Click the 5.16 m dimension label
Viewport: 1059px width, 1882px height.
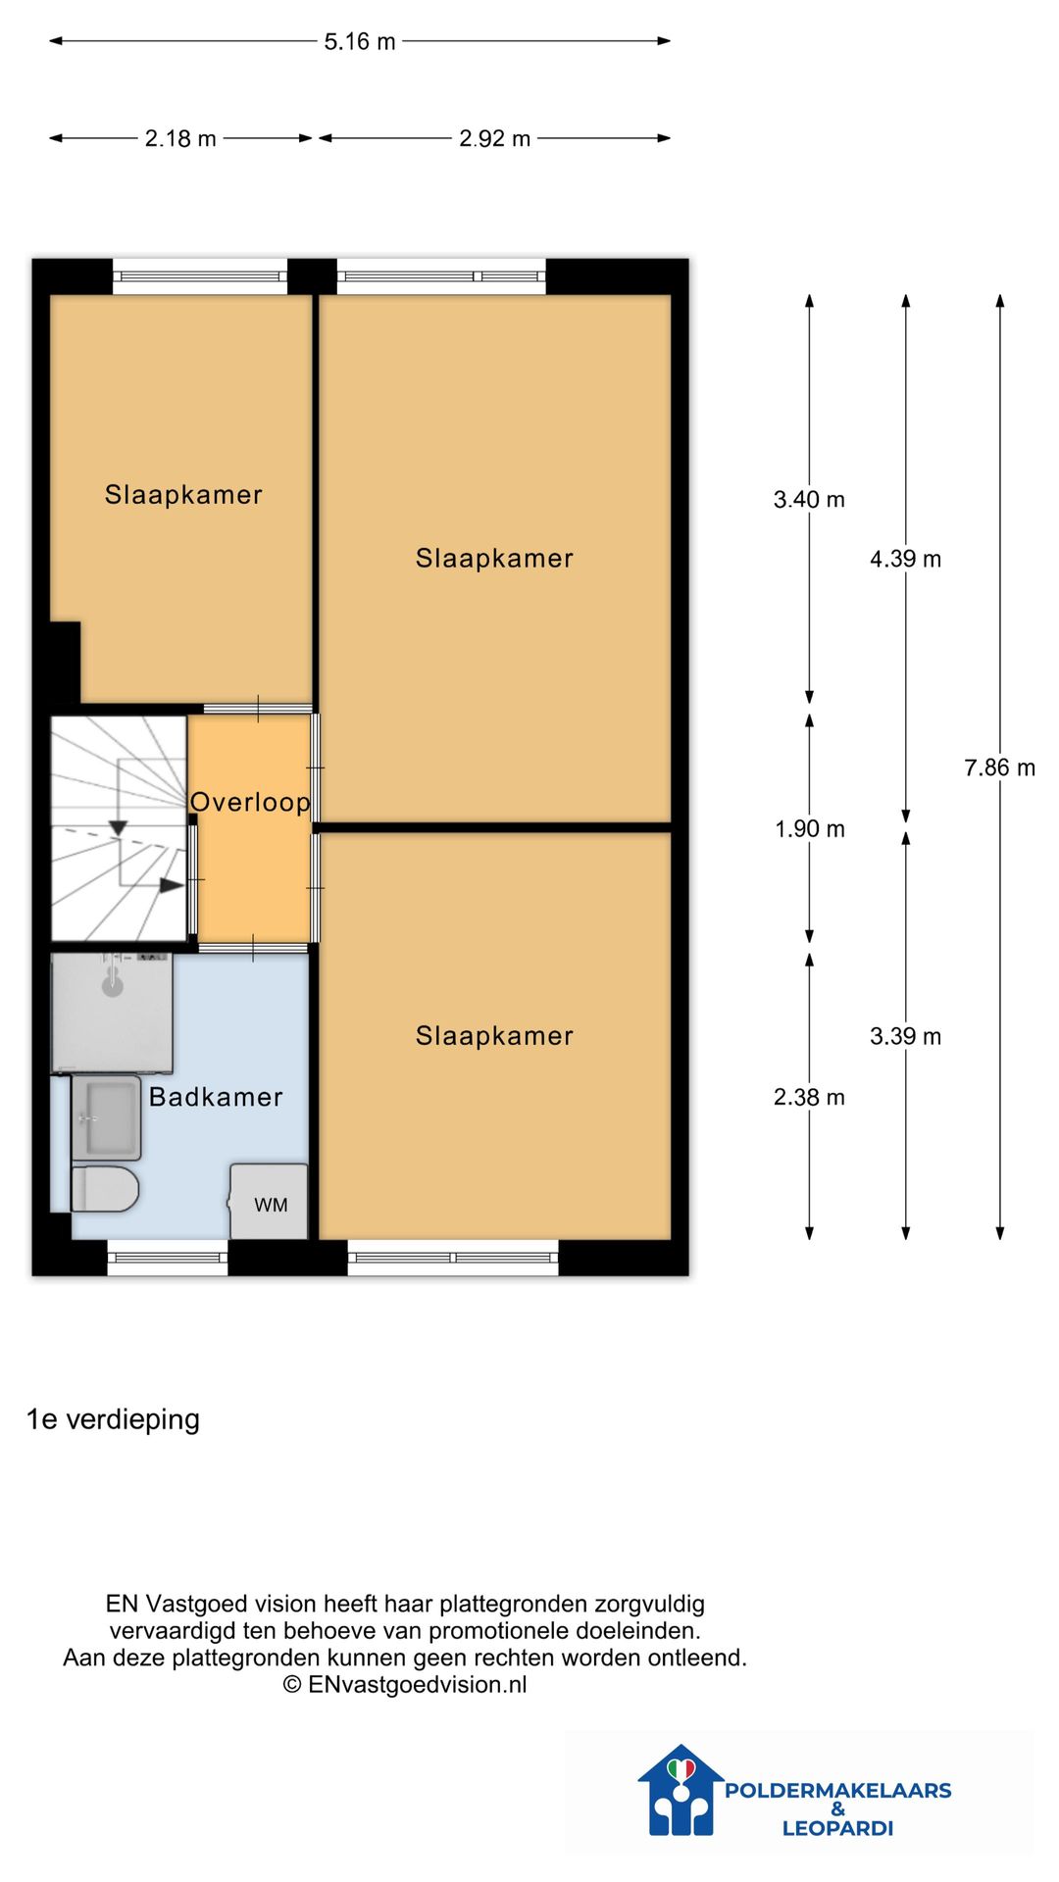[360, 41]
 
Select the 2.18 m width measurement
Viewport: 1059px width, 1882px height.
[180, 138]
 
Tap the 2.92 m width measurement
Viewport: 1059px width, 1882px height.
[494, 138]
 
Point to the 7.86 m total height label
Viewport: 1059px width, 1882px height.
[999, 768]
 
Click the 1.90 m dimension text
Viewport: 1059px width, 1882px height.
[809, 829]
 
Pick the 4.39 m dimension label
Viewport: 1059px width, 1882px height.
[905, 559]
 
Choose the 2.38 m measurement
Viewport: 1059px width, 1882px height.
[809, 1097]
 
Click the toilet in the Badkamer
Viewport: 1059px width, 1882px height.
[104, 1188]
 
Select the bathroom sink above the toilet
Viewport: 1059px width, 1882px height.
[106, 1117]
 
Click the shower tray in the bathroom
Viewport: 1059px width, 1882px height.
[112, 1012]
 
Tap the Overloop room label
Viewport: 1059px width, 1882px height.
[250, 802]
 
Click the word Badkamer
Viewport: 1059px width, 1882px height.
[216, 1097]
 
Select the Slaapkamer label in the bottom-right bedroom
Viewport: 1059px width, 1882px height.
[494, 1036]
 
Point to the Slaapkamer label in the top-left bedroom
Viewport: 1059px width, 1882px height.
[183, 495]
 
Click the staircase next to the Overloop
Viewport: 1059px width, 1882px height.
[118, 828]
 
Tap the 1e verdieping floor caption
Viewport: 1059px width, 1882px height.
[113, 1419]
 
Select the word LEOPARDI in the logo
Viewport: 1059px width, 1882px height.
[837, 1828]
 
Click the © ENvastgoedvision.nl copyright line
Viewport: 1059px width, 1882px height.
[405, 1684]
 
